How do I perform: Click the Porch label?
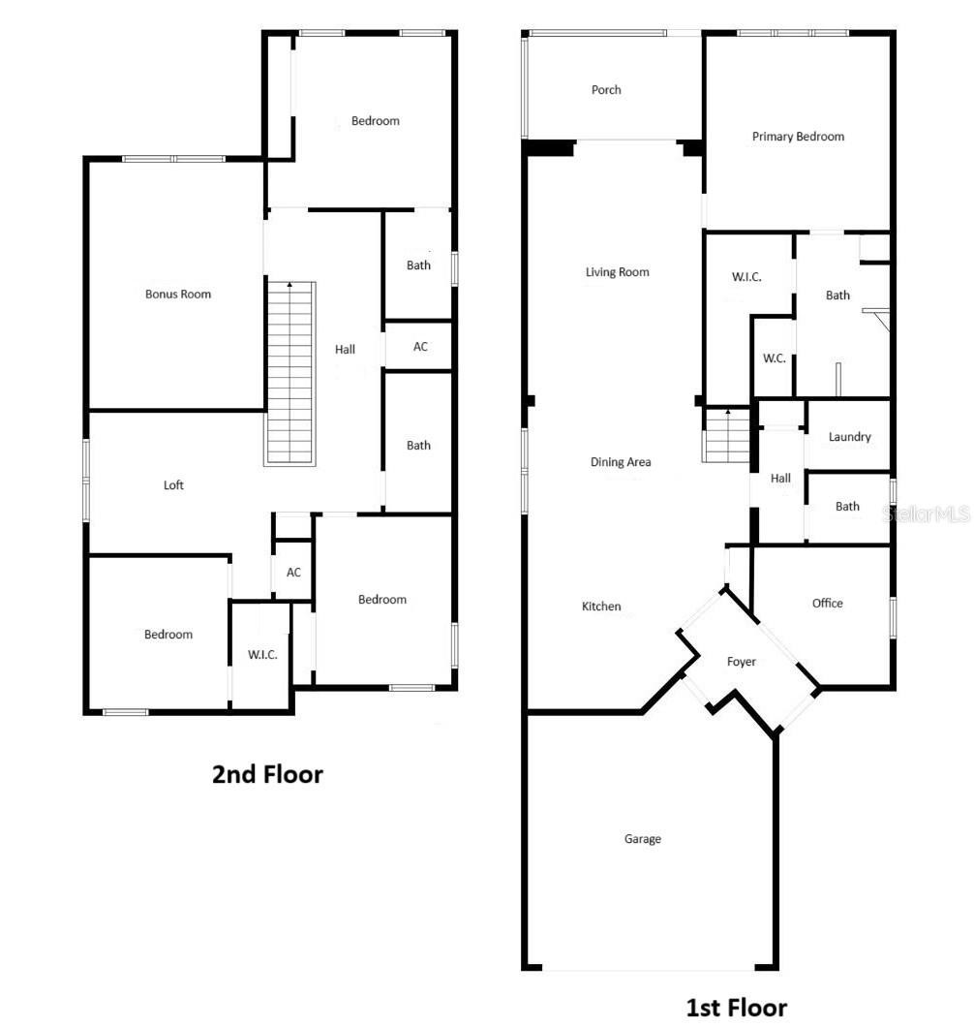pyautogui.click(x=605, y=90)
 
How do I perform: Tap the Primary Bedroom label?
pyautogui.click(x=797, y=137)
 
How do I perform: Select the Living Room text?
pyautogui.click(x=617, y=272)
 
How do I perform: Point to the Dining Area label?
pyautogui.click(x=620, y=462)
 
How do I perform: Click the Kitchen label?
pyautogui.click(x=601, y=607)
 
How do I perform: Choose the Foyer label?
pyautogui.click(x=741, y=662)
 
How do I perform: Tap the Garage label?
pyautogui.click(x=642, y=838)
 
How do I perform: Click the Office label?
pyautogui.click(x=827, y=604)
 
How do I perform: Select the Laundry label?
pyautogui.click(x=849, y=437)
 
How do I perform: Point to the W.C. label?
pyautogui.click(x=774, y=358)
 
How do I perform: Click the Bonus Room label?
pyautogui.click(x=177, y=295)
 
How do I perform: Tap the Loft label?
pyautogui.click(x=172, y=484)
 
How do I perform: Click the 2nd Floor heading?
pyautogui.click(x=267, y=774)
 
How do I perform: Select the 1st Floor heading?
pyautogui.click(x=736, y=1008)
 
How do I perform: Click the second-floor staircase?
pyautogui.click(x=290, y=373)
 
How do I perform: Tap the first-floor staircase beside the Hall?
pyautogui.click(x=726, y=435)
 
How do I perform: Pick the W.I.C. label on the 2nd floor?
pyautogui.click(x=261, y=654)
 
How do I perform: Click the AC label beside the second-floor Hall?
pyautogui.click(x=420, y=347)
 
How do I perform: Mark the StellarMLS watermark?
pyautogui.click(x=926, y=514)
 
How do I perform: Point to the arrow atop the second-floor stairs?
pyautogui.click(x=289, y=286)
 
